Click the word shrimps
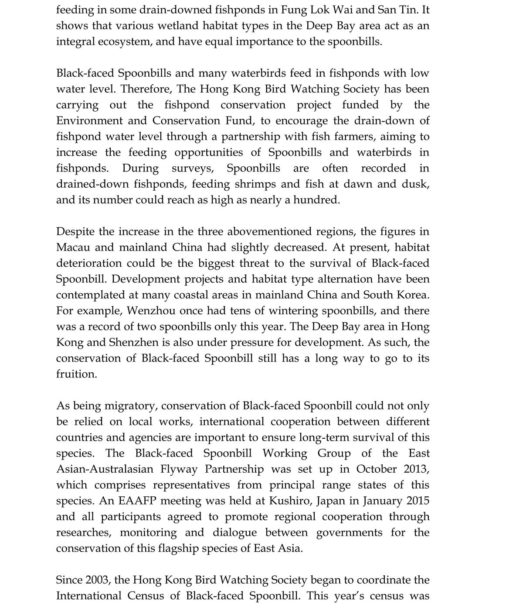pos(255,184)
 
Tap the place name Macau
pos(73,247)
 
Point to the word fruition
pos(76,374)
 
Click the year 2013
pos(417,469)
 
